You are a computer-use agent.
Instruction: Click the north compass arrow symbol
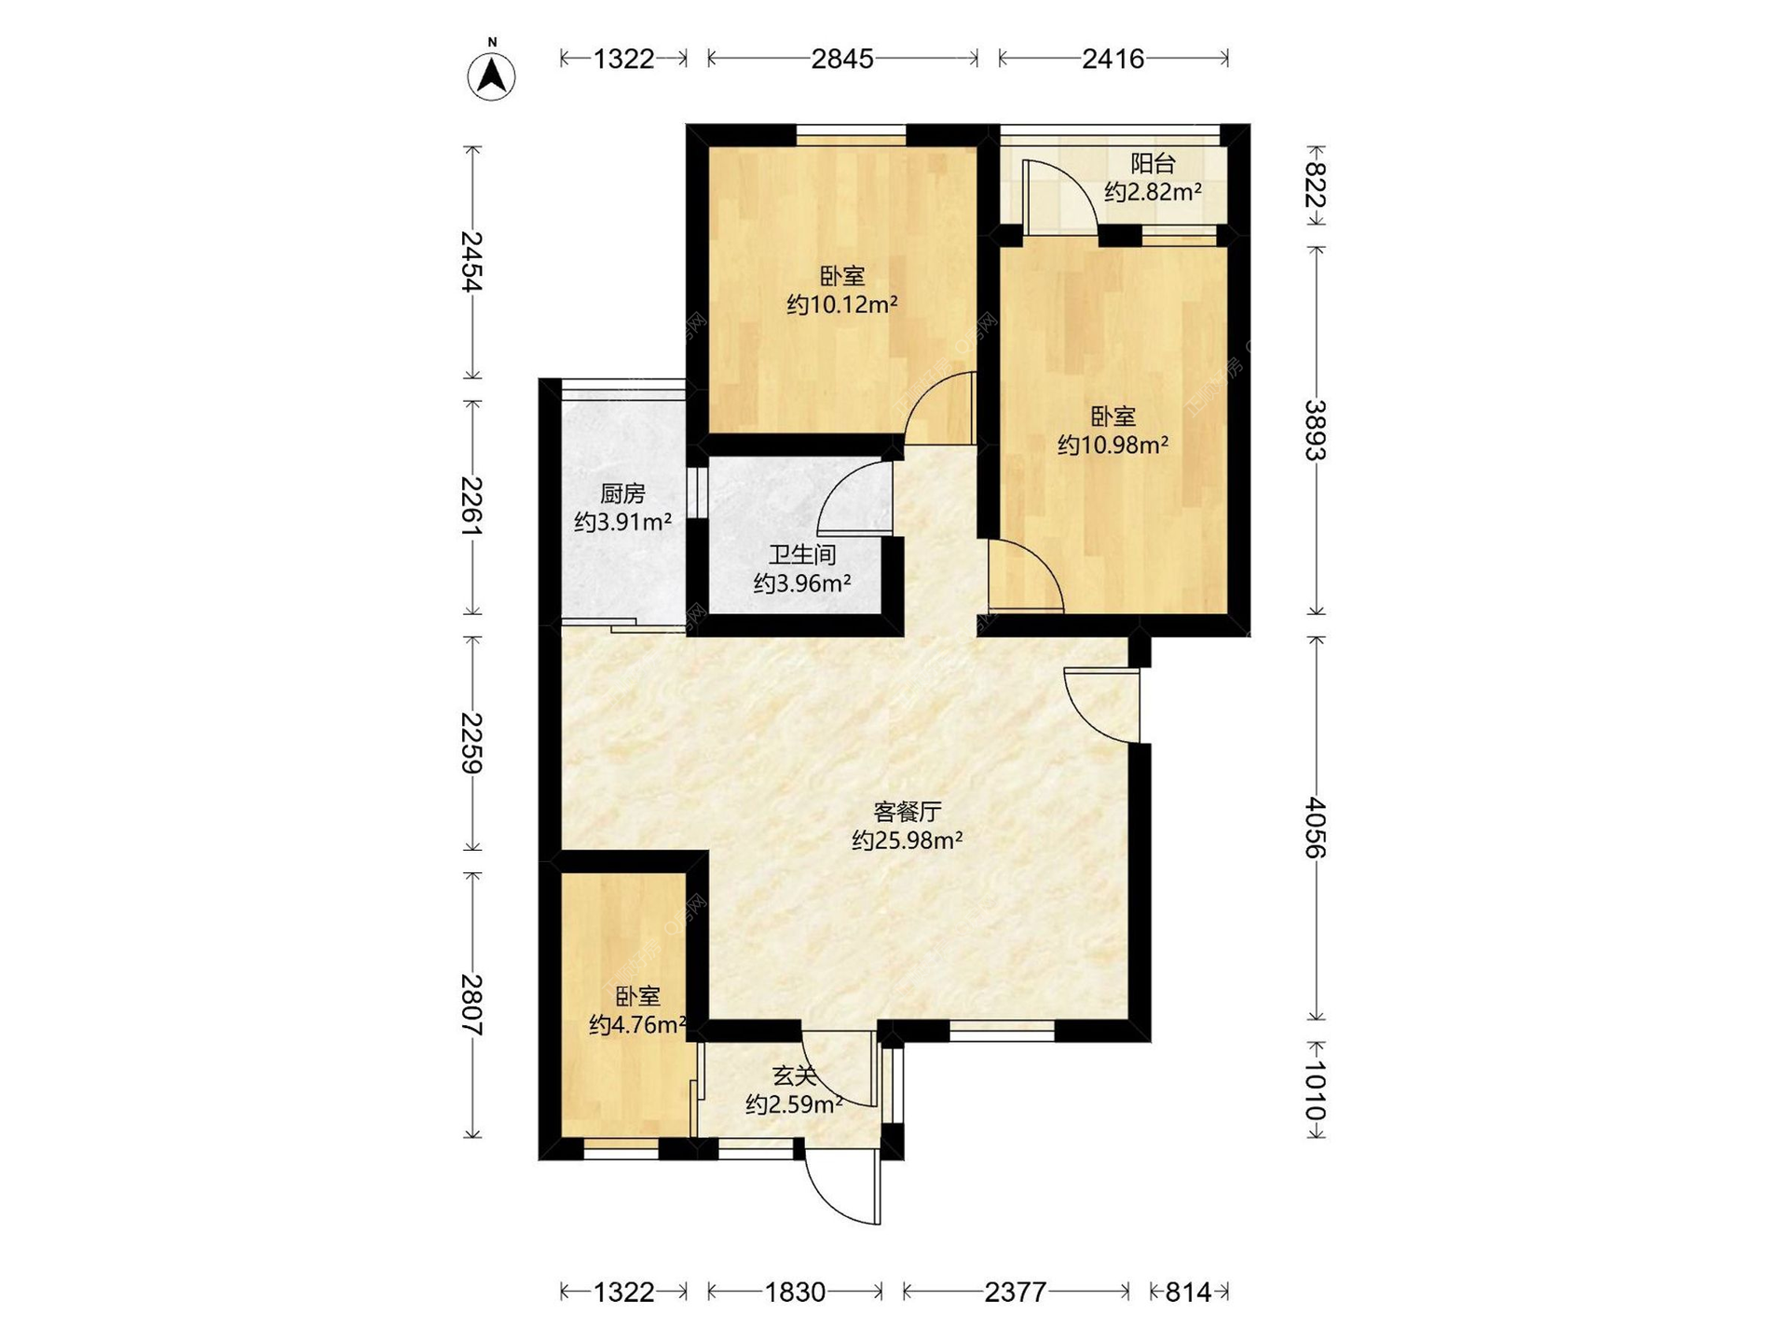pyautogui.click(x=492, y=75)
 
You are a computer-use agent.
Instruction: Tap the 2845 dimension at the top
pyautogui.click(x=842, y=59)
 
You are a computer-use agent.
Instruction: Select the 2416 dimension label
pyautogui.click(x=1113, y=59)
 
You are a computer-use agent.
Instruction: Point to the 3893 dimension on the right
pyautogui.click(x=1315, y=431)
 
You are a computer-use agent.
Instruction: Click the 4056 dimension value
pyautogui.click(x=1315, y=828)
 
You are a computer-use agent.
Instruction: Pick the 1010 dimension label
pyautogui.click(x=1315, y=1090)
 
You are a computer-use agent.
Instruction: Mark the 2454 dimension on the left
pyautogui.click(x=472, y=262)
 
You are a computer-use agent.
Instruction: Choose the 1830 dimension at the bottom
pyautogui.click(x=795, y=1292)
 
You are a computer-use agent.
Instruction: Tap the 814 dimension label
pyautogui.click(x=1188, y=1292)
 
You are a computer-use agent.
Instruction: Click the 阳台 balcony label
pyautogui.click(x=1153, y=164)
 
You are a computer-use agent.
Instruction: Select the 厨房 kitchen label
pyautogui.click(x=622, y=494)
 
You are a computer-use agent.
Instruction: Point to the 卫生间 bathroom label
pyautogui.click(x=801, y=555)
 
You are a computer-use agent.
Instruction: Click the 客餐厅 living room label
pyautogui.click(x=907, y=812)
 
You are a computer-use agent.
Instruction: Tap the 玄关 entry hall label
pyautogui.click(x=795, y=1076)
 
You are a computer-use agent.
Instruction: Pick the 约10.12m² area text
pyautogui.click(x=842, y=305)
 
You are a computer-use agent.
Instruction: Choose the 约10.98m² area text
pyautogui.click(x=1113, y=445)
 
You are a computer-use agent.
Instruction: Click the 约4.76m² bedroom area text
pyautogui.click(x=638, y=1025)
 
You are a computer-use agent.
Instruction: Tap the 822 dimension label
pyautogui.click(x=1315, y=185)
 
